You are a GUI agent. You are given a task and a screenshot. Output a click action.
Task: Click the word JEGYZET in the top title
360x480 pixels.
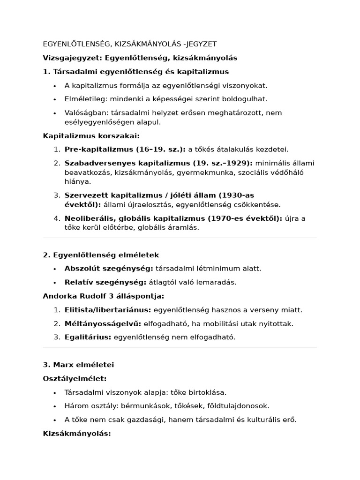pos(202,44)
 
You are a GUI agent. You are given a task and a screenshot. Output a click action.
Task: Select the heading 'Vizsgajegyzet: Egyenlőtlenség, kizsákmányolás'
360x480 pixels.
pos(140,58)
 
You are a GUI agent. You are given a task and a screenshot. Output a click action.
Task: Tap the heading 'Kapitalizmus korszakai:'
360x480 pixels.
pos(91,136)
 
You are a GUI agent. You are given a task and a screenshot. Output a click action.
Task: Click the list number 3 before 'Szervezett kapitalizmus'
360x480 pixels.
pos(56,195)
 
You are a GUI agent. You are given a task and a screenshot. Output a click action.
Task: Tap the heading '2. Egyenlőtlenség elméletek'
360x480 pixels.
pos(101,255)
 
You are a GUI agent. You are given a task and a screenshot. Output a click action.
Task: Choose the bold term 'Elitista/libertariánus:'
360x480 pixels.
pos(108,310)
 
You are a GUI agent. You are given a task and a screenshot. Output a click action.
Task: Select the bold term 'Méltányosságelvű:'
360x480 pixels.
pos(103,323)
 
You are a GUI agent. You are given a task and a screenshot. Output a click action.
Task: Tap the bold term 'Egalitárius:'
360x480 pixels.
pos(88,337)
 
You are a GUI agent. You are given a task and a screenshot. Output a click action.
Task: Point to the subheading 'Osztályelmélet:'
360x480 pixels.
pos(75,378)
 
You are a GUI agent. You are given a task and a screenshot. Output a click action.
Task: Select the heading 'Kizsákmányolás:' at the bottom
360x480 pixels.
pos(77,434)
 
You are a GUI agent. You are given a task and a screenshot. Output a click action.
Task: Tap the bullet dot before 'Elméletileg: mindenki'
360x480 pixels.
pos(55,99)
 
